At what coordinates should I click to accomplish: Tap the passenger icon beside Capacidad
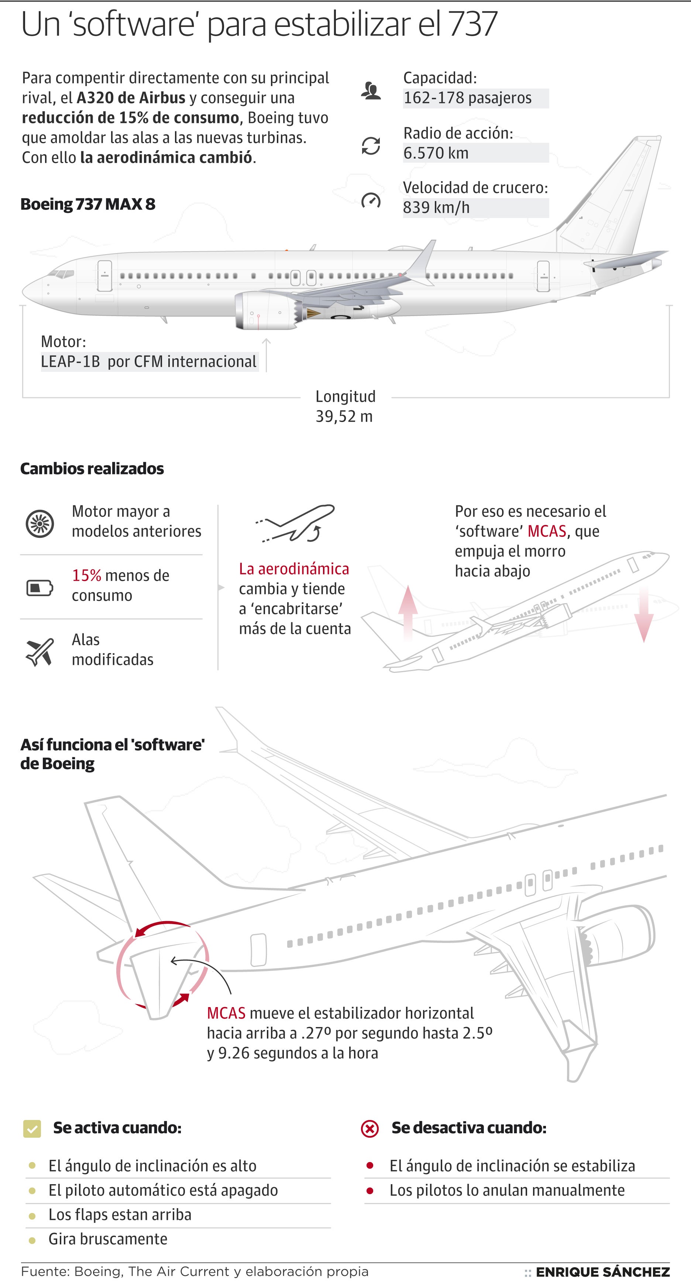click(x=371, y=91)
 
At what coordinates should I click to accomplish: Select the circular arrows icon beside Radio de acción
click(x=371, y=146)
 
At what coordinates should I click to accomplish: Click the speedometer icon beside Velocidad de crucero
click(x=371, y=201)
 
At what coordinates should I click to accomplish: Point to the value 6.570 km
click(x=436, y=153)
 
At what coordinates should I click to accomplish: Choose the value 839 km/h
click(x=436, y=207)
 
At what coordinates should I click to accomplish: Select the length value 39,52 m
click(x=344, y=416)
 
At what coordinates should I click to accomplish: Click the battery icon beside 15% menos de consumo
click(x=40, y=588)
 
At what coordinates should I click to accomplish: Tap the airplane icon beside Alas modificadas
click(x=40, y=651)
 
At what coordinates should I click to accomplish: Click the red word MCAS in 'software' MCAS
click(x=547, y=531)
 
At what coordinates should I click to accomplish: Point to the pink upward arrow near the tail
click(x=408, y=612)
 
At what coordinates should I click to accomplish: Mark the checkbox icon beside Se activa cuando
click(x=32, y=1128)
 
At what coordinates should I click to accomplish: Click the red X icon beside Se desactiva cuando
click(x=370, y=1128)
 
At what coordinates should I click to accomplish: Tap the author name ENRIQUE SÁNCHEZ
click(x=602, y=1272)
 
